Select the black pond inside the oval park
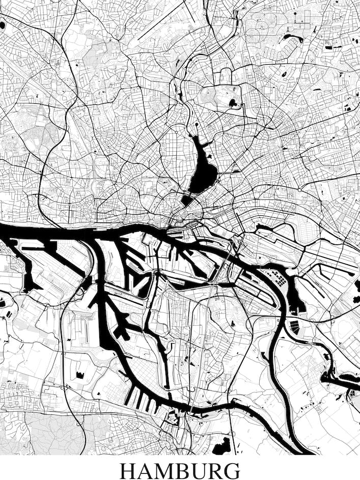click(234, 103)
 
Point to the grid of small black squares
click(279, 278)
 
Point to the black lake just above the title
click(223, 445)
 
